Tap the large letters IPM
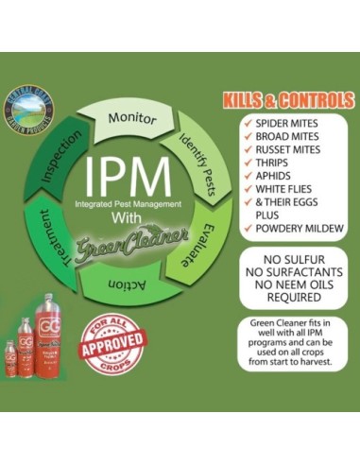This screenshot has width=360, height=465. [128, 176]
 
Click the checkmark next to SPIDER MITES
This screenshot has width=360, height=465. [248, 124]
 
